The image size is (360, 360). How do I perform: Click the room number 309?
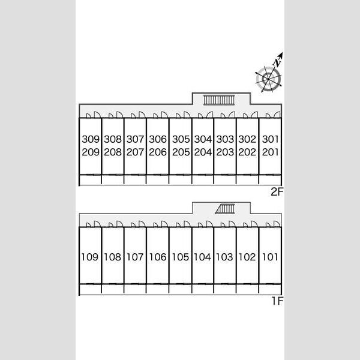(91, 139)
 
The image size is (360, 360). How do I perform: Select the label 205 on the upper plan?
(181, 152)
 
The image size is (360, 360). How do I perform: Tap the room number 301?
(270, 139)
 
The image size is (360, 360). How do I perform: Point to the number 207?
(135, 152)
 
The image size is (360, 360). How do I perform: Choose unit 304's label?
(203, 139)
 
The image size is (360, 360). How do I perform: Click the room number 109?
(90, 257)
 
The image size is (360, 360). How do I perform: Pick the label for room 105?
(181, 257)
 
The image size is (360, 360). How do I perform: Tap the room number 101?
(270, 257)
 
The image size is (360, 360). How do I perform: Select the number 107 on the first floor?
(135, 257)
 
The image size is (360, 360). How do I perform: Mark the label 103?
(224, 257)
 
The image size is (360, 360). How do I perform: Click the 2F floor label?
(277, 192)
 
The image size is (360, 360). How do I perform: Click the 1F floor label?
(278, 301)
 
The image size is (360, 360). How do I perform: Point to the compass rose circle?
(268, 79)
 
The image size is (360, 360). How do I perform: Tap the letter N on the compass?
(277, 62)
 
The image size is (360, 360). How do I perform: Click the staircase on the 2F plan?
(219, 100)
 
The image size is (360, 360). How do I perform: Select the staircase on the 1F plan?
(225, 209)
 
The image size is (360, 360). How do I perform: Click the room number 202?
(247, 152)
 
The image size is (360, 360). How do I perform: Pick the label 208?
(113, 152)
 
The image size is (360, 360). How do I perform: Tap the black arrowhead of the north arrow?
(281, 55)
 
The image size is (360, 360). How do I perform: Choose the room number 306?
(158, 139)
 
